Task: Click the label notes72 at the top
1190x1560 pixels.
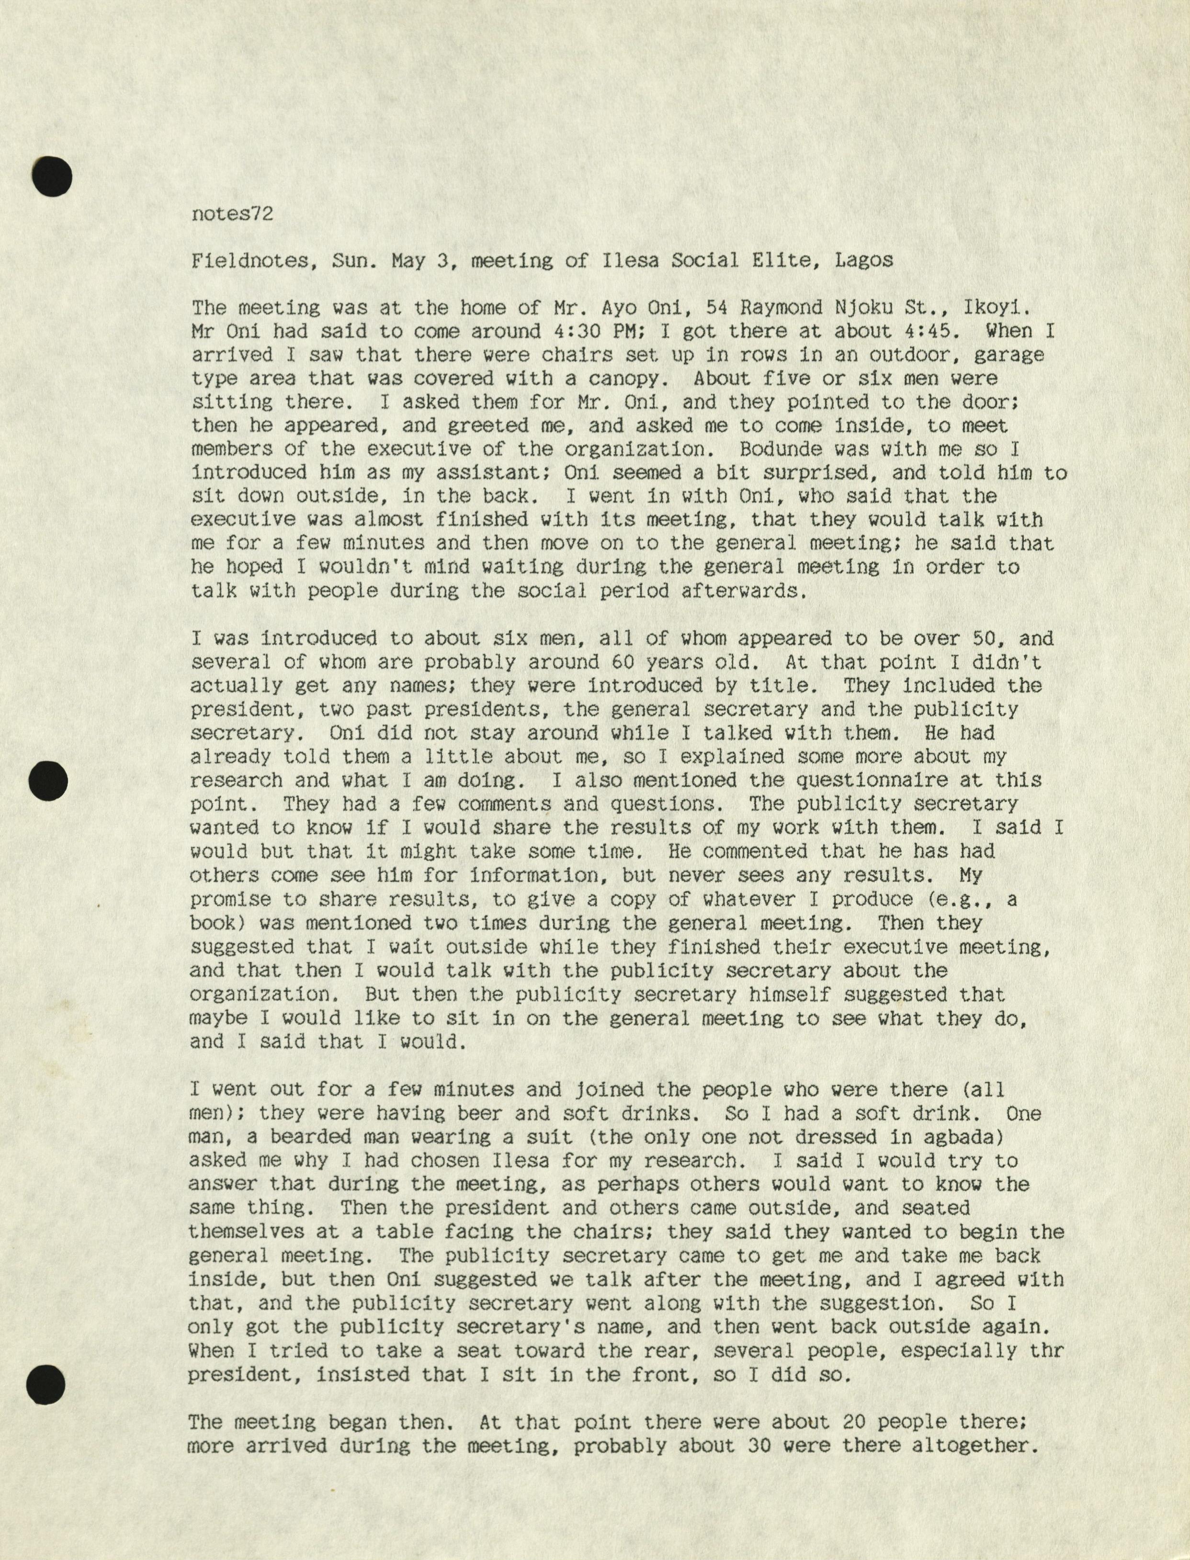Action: click(232, 214)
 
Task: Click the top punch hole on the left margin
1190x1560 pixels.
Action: click(52, 175)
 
